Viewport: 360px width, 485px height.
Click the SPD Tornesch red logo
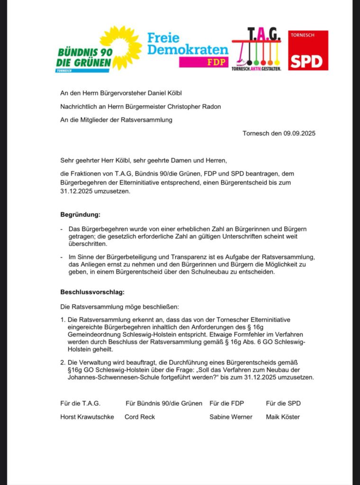(308, 51)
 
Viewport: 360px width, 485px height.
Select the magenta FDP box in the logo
(204, 62)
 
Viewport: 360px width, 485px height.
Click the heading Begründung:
(80, 215)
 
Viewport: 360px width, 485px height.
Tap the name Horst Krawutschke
(87, 417)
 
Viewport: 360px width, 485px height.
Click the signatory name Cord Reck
(140, 417)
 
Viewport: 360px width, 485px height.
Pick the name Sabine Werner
(231, 417)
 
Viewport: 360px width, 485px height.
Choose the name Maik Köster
(283, 417)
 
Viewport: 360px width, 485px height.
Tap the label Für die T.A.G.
(80, 403)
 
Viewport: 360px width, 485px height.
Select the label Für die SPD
(283, 403)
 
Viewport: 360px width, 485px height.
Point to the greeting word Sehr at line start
(67, 161)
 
